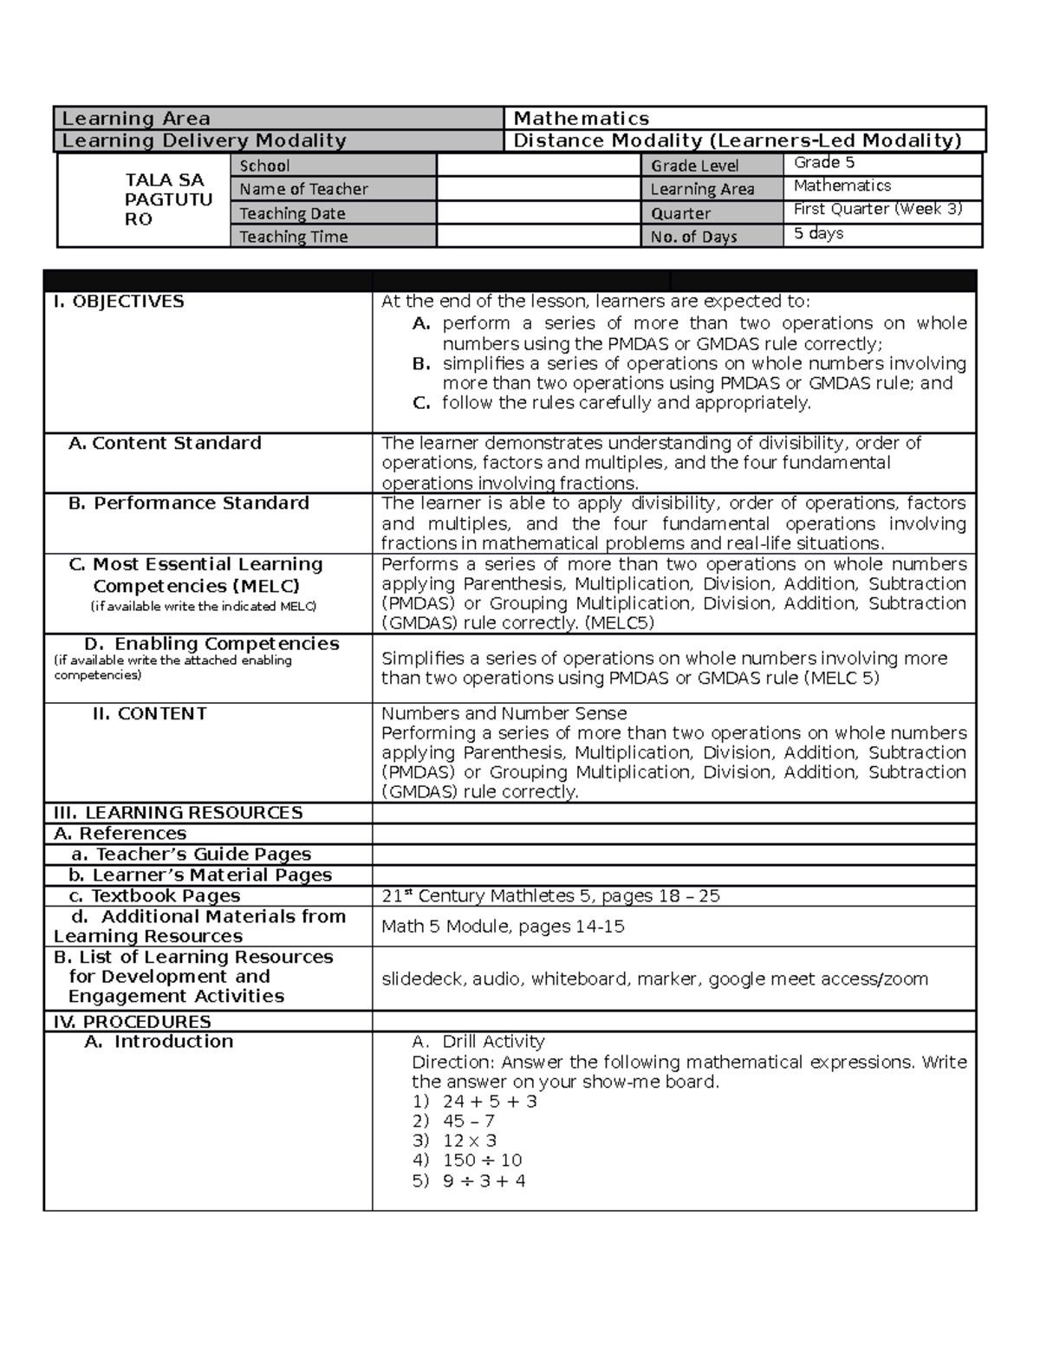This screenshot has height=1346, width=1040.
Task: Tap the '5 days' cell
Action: tap(818, 233)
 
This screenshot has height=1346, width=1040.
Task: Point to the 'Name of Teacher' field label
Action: tap(303, 189)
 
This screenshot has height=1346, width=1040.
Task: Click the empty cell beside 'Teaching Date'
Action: tap(538, 212)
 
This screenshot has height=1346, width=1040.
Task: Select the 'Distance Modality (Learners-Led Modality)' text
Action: tap(738, 140)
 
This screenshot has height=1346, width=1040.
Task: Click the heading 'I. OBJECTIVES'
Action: tap(119, 302)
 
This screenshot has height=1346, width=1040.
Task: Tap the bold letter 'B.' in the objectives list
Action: tap(422, 364)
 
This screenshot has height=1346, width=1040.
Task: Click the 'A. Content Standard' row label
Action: tap(165, 443)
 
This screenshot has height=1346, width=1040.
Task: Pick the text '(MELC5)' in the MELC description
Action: tap(620, 623)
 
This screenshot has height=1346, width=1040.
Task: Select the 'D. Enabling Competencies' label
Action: tap(211, 644)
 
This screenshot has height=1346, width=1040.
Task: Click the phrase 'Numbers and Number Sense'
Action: tap(504, 713)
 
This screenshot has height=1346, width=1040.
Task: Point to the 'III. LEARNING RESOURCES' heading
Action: tap(178, 813)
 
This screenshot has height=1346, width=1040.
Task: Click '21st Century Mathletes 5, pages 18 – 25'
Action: tap(550, 896)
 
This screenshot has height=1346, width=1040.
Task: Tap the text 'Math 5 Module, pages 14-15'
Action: tap(503, 927)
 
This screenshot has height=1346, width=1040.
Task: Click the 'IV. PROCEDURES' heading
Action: tap(132, 1022)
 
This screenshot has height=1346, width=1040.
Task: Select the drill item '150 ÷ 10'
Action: tap(482, 1161)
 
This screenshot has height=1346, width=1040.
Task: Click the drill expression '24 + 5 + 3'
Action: tap(490, 1102)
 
